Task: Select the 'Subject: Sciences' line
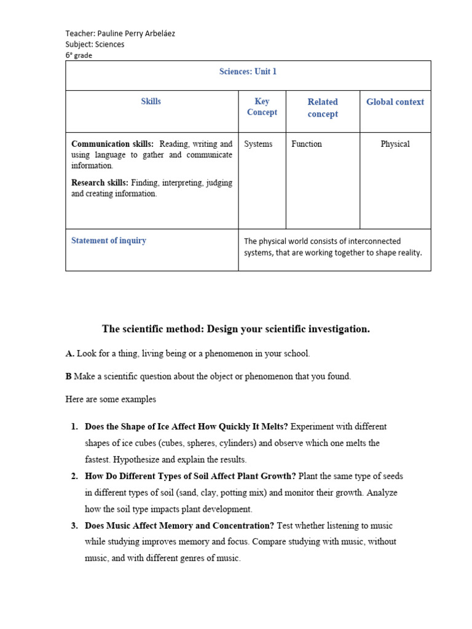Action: (x=95, y=44)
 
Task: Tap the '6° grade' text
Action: (x=79, y=55)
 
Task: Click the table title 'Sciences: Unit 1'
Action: (x=248, y=72)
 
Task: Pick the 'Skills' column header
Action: (x=151, y=101)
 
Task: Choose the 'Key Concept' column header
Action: (x=262, y=107)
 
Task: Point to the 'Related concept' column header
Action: (x=323, y=108)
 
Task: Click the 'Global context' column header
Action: (x=395, y=102)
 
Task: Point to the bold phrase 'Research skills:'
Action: (x=100, y=182)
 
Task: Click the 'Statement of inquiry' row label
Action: (x=109, y=241)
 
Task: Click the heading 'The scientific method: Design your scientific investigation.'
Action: (x=236, y=329)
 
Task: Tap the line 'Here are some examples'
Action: (x=111, y=399)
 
